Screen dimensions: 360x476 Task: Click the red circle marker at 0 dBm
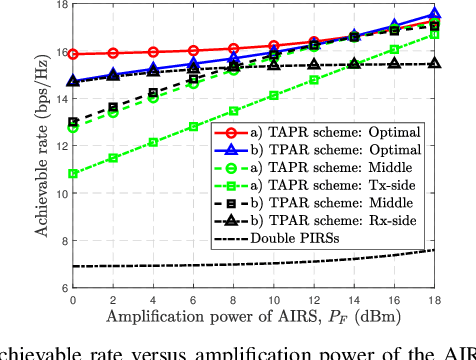tap(73, 54)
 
